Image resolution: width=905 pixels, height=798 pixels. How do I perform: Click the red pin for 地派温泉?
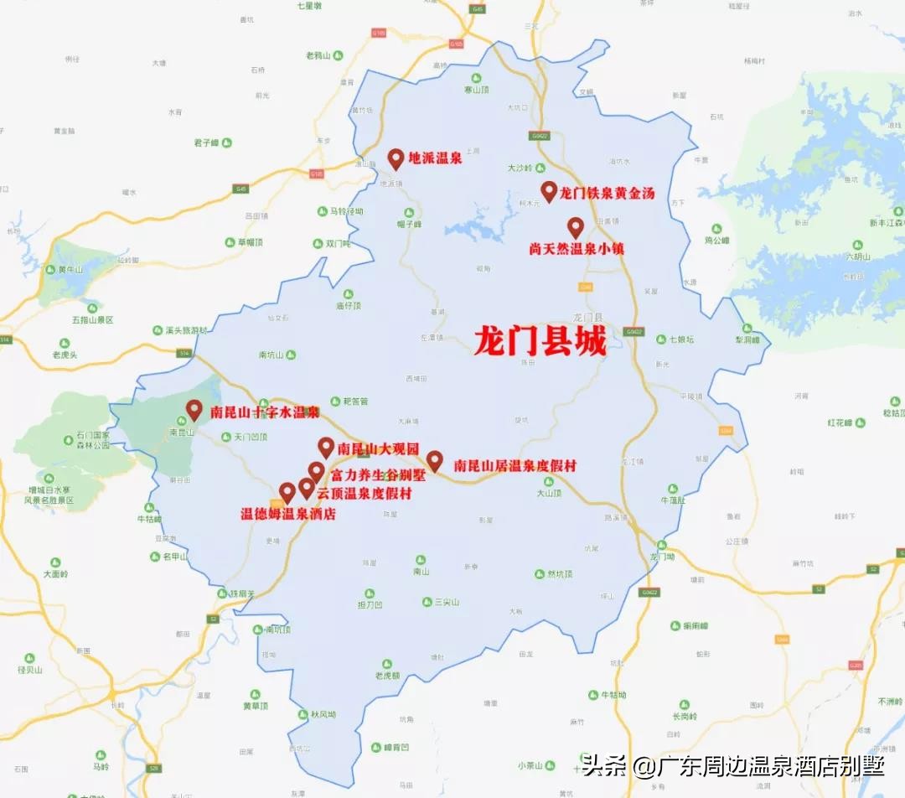[x=396, y=158]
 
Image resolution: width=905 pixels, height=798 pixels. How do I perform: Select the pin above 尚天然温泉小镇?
[x=575, y=227]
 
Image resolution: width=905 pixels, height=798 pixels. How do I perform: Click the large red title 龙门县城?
[x=539, y=341]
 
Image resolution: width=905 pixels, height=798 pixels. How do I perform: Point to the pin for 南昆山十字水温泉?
[x=194, y=410]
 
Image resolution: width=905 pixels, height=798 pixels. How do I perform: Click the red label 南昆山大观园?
[x=378, y=448]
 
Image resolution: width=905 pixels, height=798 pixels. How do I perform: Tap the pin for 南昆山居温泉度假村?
[x=434, y=461]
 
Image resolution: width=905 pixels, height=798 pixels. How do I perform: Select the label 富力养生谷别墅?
[x=378, y=474]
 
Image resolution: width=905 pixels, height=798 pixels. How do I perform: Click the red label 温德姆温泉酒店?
[x=288, y=514]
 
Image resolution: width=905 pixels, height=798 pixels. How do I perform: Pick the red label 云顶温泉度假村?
[x=364, y=493]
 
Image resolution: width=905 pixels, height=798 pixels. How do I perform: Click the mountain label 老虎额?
[x=387, y=675]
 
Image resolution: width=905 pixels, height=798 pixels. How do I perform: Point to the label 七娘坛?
[x=681, y=339]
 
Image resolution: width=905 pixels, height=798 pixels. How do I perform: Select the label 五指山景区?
[x=92, y=320]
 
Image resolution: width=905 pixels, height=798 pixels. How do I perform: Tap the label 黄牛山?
[x=70, y=269]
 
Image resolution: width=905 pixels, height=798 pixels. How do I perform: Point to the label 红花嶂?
[x=839, y=422]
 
